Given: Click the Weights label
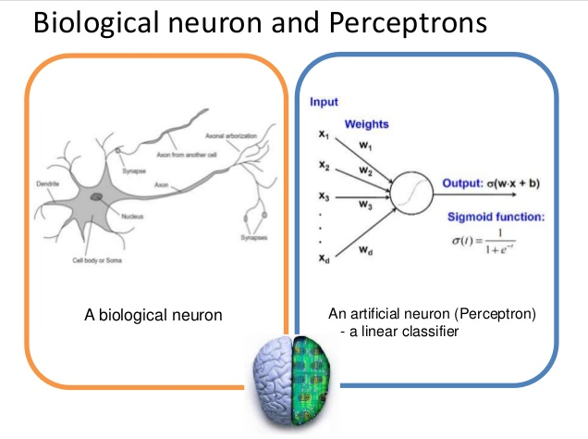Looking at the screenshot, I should tap(366, 123).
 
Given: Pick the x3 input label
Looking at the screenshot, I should tap(324, 196).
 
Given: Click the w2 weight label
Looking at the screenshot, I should tap(366, 172).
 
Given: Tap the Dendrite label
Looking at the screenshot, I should tap(49, 185).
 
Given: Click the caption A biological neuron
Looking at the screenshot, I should tap(153, 316).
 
